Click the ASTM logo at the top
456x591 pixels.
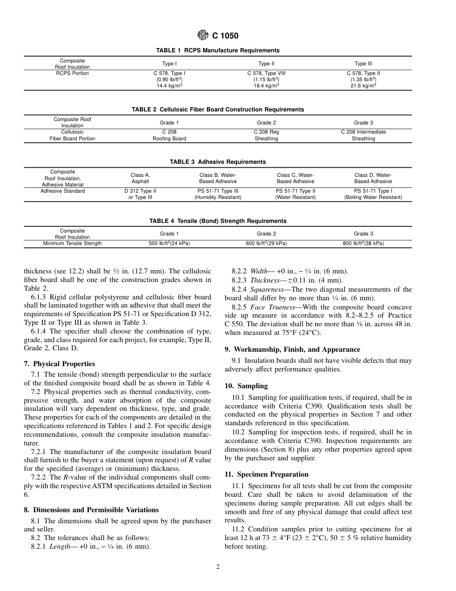[x=203, y=35]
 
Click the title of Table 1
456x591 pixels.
[x=217, y=50]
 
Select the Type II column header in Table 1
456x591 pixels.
[x=266, y=63]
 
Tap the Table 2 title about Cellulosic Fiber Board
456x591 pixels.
[x=217, y=110]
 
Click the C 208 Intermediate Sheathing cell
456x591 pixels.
[x=363, y=135]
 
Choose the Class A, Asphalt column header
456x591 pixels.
[x=140, y=178]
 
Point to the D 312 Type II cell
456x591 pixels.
[x=140, y=194]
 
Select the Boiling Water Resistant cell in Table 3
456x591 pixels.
[x=373, y=197]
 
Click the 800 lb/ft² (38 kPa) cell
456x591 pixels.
[x=363, y=244]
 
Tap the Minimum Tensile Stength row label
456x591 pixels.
[x=72, y=244]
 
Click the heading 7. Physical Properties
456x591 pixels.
[x=59, y=364]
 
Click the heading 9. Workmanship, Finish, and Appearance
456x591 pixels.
[x=292, y=349]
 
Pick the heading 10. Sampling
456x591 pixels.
[x=246, y=386]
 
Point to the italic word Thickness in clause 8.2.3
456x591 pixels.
[x=262, y=280]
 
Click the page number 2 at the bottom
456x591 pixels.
[x=217, y=567]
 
